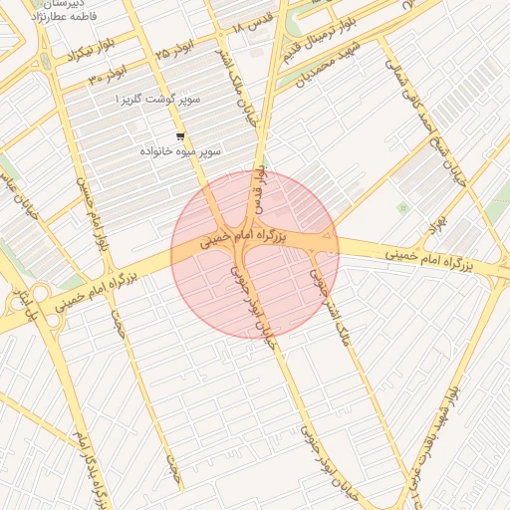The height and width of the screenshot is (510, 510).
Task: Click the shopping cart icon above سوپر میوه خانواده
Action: [x=179, y=136]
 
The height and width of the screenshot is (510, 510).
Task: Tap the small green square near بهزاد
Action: [x=402, y=208]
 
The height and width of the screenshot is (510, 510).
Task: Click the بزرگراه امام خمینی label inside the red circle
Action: [x=243, y=238]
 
